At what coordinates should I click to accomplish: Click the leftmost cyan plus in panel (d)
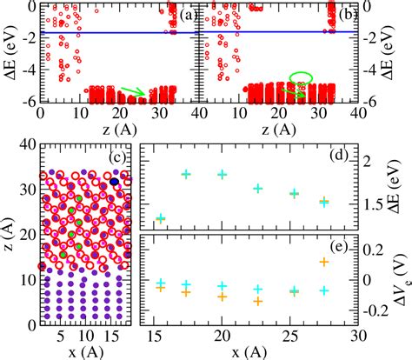click(160, 218)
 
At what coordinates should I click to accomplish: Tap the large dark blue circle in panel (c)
click(115, 180)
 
